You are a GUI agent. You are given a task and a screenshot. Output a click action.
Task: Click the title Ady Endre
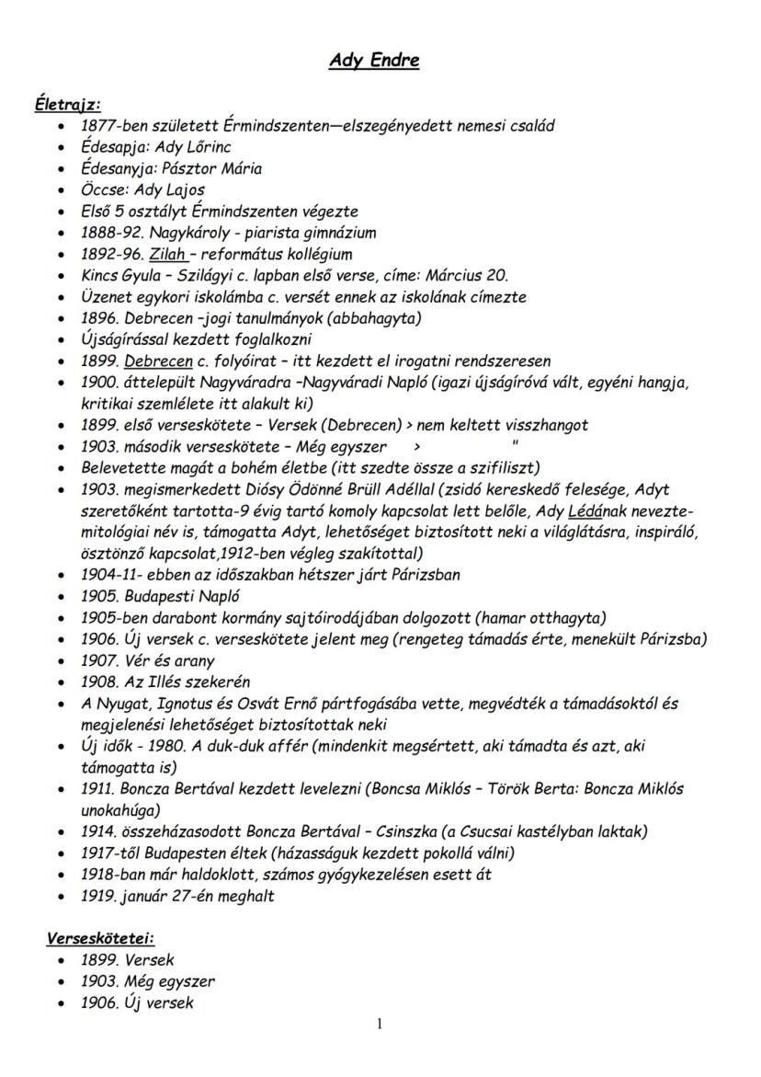tap(374, 62)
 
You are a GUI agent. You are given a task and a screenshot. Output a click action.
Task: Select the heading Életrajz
tap(67, 106)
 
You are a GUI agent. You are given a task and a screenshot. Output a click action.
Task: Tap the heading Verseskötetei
tap(100, 939)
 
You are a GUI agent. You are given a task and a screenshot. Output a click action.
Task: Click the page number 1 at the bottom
tap(380, 1025)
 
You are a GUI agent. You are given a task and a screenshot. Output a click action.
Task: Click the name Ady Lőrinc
tap(196, 147)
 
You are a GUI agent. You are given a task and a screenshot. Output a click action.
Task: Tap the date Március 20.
tap(468, 276)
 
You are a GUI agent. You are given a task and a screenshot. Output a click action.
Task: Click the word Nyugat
tap(119, 704)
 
